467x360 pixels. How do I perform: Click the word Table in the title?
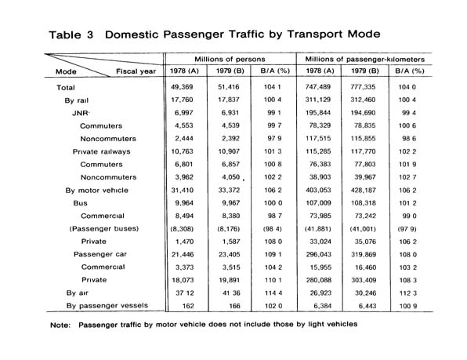[64, 35]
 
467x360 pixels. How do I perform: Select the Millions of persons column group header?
[230, 59]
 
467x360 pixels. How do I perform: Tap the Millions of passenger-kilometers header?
[364, 59]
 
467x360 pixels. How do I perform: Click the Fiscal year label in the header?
[136, 71]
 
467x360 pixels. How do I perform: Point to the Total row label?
[66, 88]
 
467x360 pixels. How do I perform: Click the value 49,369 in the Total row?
[182, 87]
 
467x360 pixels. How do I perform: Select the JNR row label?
[81, 113]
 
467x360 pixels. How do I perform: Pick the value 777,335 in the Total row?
[363, 87]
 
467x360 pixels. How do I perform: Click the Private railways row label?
[101, 151]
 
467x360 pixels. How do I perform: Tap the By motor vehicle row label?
[97, 190]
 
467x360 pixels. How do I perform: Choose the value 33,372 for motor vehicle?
[229, 190]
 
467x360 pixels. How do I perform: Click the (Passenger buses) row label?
[104, 228]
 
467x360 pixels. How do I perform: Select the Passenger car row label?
[100, 254]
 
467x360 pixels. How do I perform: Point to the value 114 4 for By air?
[273, 293]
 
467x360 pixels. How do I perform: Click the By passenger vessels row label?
[107, 306]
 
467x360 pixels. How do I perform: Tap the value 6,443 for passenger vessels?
[367, 306]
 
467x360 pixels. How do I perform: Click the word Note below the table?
[60, 325]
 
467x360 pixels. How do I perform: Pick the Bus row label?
[80, 203]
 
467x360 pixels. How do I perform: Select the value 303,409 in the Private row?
[364, 280]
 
